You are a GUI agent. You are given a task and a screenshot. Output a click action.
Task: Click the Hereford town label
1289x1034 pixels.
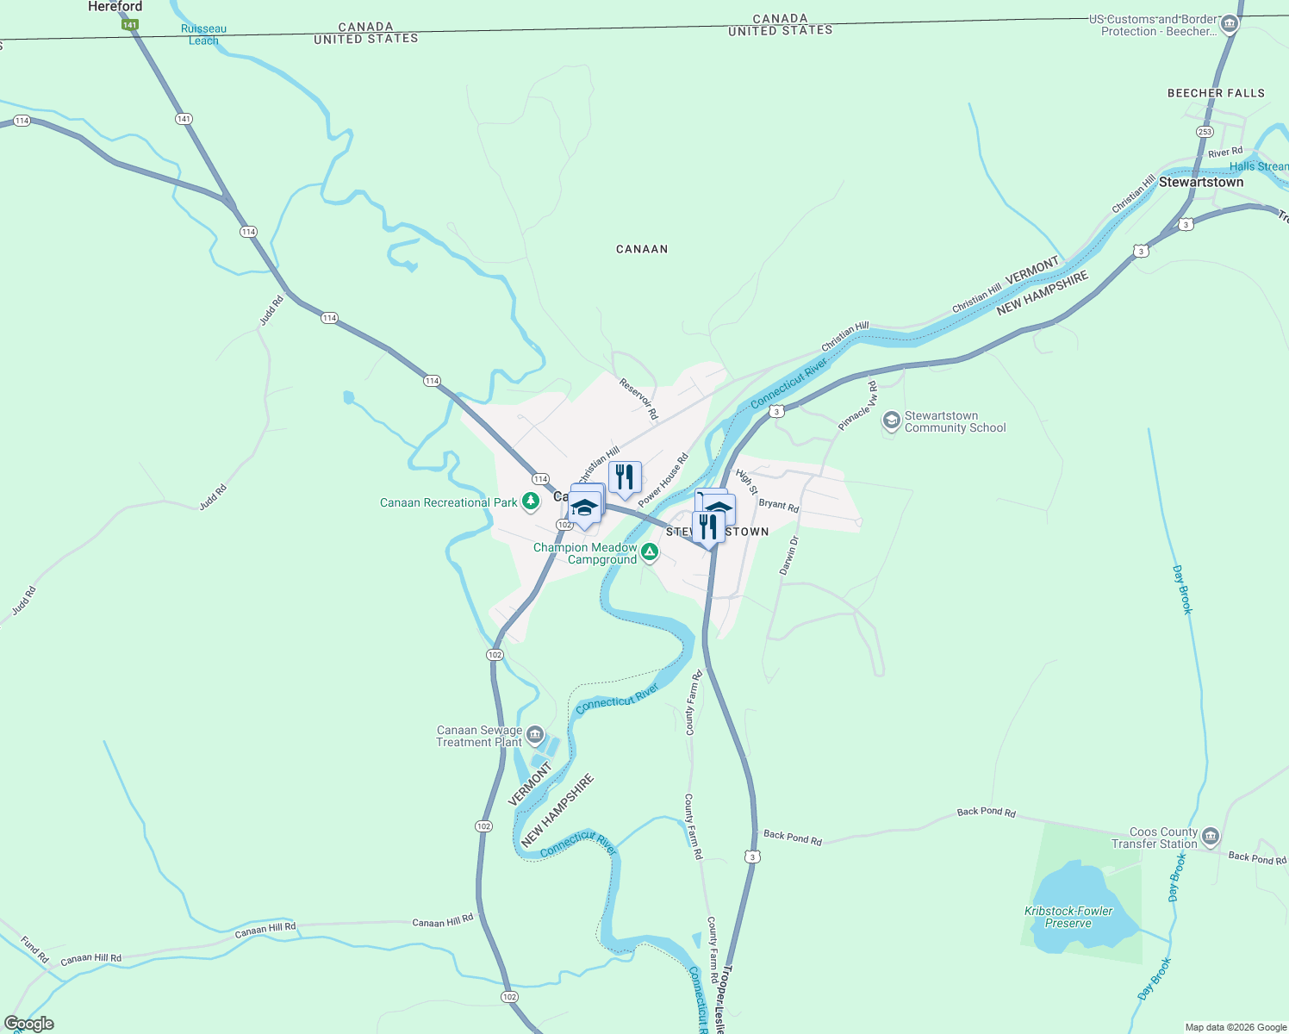(115, 7)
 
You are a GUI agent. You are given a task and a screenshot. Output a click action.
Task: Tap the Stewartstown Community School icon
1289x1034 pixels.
(892, 421)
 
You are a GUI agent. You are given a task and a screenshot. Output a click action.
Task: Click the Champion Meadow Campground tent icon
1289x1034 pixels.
(650, 552)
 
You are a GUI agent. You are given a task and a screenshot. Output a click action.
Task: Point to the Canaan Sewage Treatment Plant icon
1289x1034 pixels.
(535, 735)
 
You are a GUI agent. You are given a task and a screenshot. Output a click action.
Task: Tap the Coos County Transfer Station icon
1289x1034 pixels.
(1211, 837)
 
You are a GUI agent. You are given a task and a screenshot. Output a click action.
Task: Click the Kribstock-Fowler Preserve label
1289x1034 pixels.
(1068, 917)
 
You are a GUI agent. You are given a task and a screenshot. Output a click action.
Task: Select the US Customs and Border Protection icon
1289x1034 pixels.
(1230, 25)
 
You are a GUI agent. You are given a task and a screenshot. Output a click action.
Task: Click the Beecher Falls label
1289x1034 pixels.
(1216, 93)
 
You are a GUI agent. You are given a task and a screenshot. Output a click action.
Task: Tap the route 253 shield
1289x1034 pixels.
(1205, 132)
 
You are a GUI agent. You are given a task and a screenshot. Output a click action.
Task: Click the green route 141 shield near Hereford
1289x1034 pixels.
(129, 25)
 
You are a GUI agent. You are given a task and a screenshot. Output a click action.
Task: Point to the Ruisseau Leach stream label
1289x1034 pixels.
(204, 34)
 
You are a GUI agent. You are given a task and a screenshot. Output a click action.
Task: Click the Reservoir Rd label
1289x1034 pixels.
(638, 399)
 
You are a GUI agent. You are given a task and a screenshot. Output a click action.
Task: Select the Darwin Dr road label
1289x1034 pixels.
(789, 556)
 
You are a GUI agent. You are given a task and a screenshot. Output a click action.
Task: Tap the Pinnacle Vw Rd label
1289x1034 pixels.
(858, 407)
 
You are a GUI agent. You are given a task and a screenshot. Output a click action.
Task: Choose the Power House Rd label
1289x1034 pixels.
(663, 480)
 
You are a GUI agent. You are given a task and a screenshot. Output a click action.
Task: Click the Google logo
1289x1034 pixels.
(29, 1024)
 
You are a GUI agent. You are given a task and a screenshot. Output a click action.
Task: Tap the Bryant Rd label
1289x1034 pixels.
(779, 505)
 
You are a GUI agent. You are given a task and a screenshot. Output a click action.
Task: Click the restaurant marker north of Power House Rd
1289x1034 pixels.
(626, 477)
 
